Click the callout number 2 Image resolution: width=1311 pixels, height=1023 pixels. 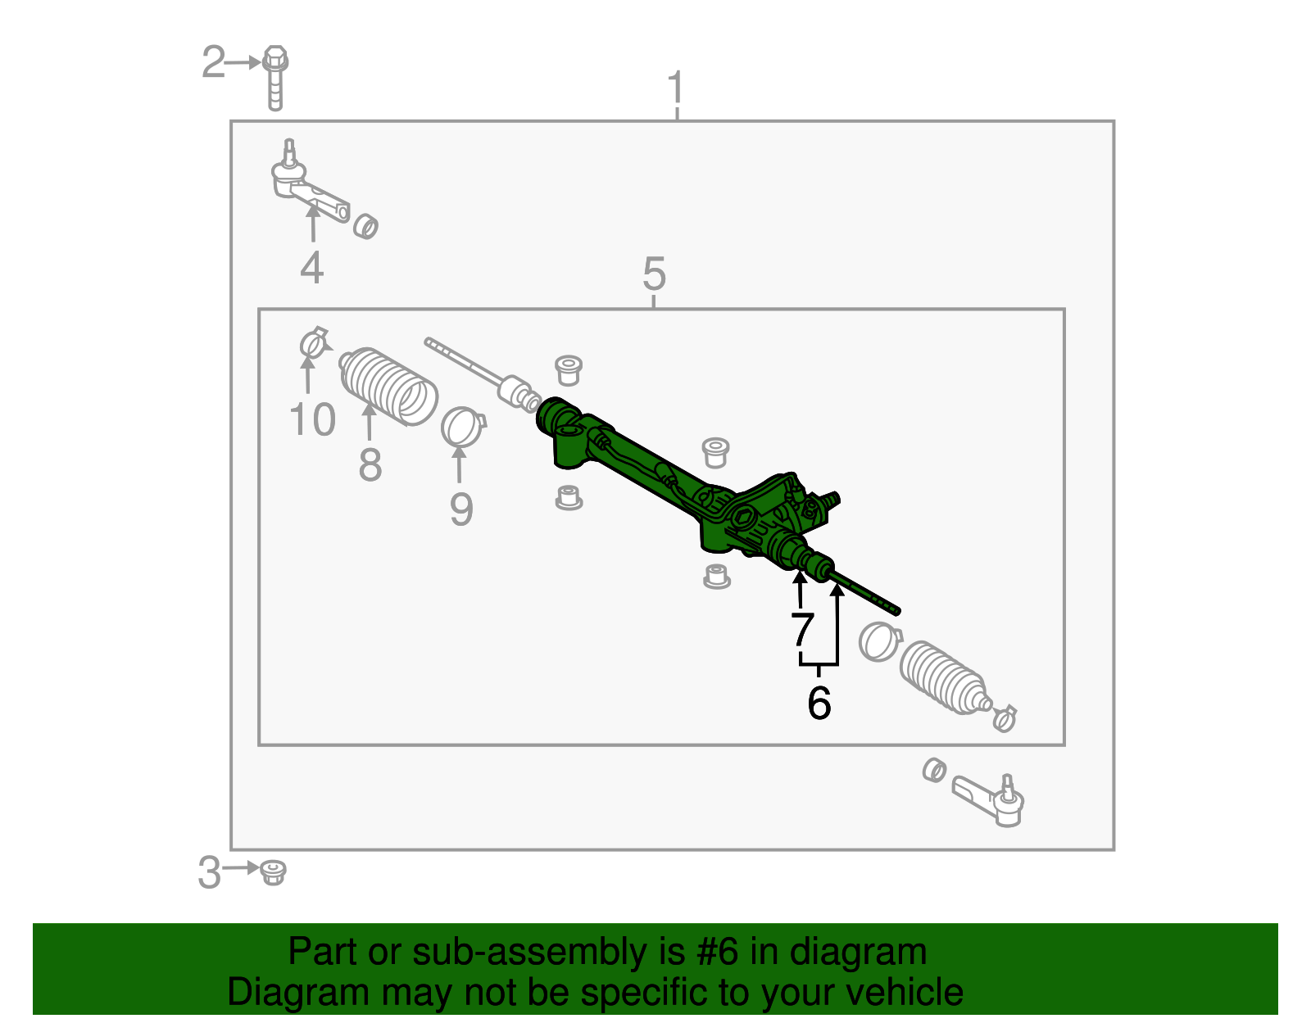tap(213, 63)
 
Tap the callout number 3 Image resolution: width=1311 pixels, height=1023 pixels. tap(210, 872)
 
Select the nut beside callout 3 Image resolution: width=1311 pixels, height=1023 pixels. tap(273, 872)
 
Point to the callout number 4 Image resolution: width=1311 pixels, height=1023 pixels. tap(311, 268)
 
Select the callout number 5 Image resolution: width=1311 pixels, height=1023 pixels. tap(654, 274)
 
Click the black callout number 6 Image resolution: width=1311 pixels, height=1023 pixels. tap(819, 703)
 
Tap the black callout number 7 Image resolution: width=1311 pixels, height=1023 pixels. tap(802, 630)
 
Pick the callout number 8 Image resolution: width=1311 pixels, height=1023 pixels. tap(370, 465)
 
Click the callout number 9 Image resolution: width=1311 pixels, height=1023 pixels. tap(461, 509)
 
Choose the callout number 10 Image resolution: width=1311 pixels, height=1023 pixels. tap(313, 420)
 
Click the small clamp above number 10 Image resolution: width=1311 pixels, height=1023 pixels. tap(312, 342)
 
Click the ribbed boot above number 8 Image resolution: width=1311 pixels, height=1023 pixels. tap(388, 387)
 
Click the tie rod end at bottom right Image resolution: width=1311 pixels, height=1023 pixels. tap(991, 799)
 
